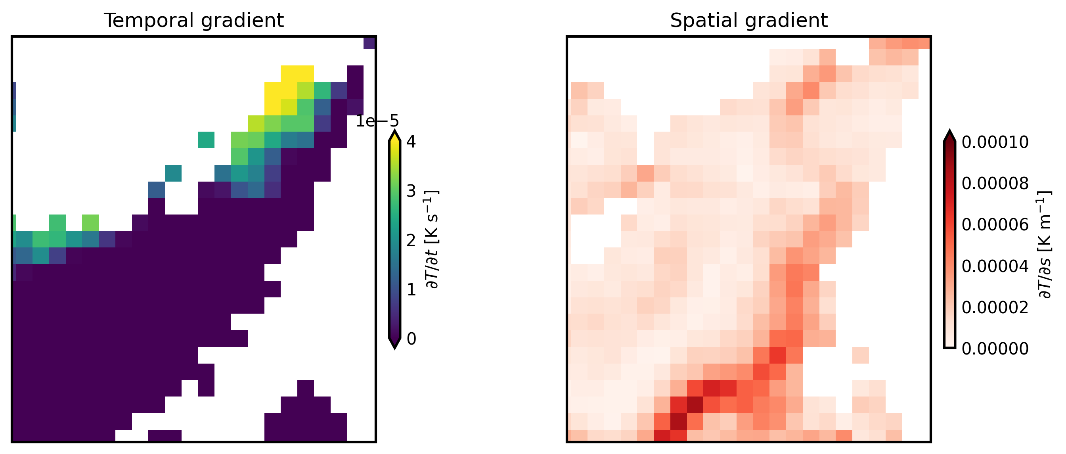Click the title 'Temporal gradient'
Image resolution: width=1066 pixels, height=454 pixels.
click(x=194, y=20)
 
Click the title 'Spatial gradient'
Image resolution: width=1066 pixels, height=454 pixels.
click(x=748, y=20)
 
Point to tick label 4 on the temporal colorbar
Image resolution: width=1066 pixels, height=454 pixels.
click(x=411, y=142)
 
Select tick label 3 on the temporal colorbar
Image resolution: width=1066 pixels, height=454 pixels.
click(x=411, y=191)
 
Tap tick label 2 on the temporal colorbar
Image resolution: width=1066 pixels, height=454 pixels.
click(x=411, y=240)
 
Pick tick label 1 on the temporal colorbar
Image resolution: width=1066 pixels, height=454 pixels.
click(x=411, y=290)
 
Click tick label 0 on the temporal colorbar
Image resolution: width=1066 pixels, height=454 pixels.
click(x=411, y=339)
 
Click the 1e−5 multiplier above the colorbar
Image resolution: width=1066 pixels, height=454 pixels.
click(x=377, y=121)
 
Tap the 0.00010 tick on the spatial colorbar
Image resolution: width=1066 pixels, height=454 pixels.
click(x=995, y=142)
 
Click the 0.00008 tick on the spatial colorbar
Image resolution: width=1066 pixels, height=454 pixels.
click(x=995, y=183)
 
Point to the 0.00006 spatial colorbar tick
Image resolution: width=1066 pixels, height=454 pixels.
click(x=995, y=225)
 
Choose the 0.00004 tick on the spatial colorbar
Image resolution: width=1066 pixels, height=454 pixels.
click(x=995, y=266)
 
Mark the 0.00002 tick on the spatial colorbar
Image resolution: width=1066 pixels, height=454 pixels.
click(x=995, y=308)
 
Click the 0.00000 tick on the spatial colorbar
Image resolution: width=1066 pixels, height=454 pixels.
click(x=995, y=349)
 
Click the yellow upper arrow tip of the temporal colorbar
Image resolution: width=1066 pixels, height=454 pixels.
click(x=395, y=136)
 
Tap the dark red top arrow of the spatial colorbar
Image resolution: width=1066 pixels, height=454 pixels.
click(x=950, y=136)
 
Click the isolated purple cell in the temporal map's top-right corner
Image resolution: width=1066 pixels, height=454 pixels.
click(x=369, y=43)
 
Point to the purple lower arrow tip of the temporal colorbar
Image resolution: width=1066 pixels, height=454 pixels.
click(x=395, y=343)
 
